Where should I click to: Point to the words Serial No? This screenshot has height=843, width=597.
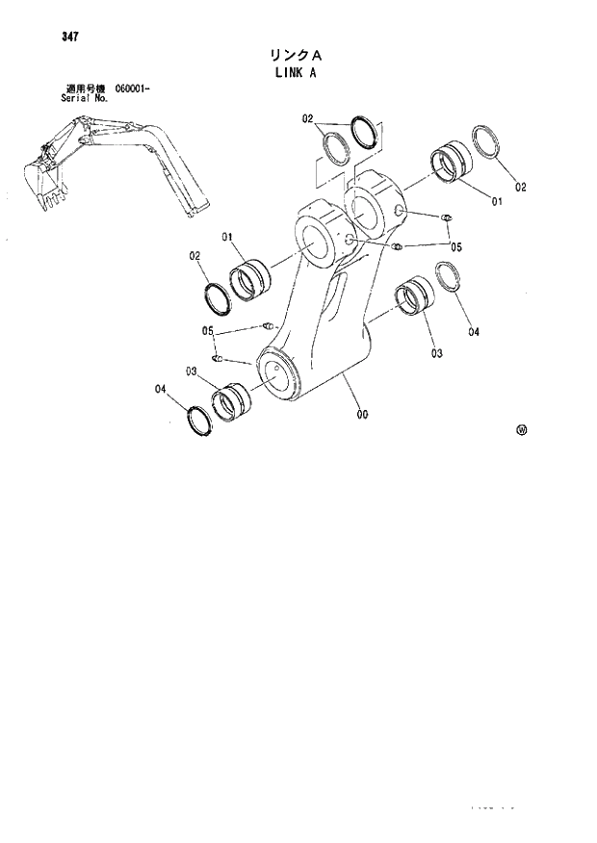click(81, 98)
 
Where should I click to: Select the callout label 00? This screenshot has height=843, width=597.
click(362, 415)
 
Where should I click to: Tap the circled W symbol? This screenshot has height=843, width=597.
click(522, 430)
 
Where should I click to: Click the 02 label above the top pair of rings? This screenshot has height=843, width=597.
click(307, 120)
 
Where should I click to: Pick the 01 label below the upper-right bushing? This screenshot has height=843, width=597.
click(497, 201)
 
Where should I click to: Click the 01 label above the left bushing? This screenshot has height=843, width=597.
click(228, 237)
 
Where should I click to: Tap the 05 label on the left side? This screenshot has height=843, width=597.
click(207, 331)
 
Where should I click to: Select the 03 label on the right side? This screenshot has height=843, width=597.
click(436, 353)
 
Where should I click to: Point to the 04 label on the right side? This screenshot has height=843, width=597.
click(473, 333)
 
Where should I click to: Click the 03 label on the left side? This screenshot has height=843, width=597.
click(192, 371)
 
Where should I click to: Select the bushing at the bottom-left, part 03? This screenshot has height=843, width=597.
click(230, 402)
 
